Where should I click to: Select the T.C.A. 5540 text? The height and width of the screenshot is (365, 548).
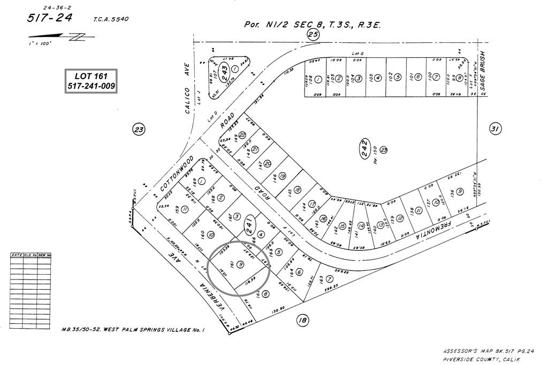pos(111,20)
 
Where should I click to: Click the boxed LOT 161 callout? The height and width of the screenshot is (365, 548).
pos(91,81)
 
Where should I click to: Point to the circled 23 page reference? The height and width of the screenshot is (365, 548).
pos(139,129)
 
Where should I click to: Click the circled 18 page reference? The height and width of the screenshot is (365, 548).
pos(302,320)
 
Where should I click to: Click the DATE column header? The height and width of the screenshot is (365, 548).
pos(17,255)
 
